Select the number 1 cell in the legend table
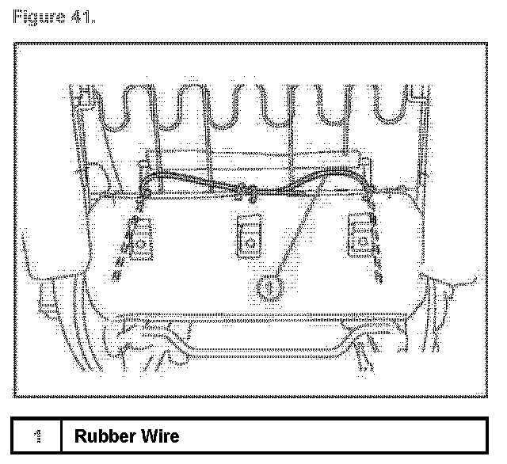tap(37, 436)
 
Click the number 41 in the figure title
tap(78, 17)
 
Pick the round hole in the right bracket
tap(361, 241)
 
